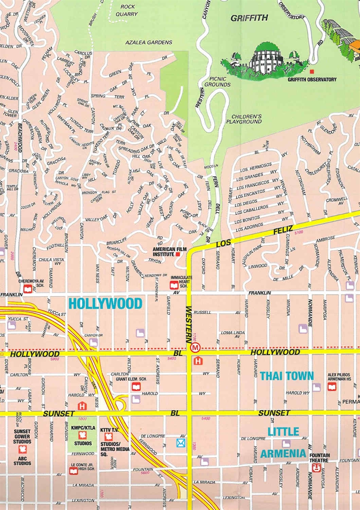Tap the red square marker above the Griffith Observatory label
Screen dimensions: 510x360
click(x=312, y=71)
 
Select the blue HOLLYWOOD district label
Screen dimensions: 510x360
click(x=105, y=304)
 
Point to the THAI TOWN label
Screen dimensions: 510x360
click(x=287, y=376)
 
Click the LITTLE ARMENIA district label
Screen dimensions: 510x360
click(x=283, y=442)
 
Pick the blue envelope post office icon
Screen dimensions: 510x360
click(x=181, y=443)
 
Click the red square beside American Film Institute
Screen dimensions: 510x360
click(x=178, y=254)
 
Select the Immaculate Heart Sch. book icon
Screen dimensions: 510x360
click(x=174, y=285)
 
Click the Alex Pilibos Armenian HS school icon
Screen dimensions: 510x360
click(x=332, y=386)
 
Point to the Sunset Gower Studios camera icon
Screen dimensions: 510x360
click(x=22, y=449)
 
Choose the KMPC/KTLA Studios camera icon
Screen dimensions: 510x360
click(x=83, y=435)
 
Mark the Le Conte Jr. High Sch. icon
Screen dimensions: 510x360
click(x=73, y=471)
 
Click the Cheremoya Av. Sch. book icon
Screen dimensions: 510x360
click(x=28, y=288)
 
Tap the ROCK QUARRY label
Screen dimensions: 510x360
click(x=129, y=10)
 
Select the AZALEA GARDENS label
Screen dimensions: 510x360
click(x=149, y=42)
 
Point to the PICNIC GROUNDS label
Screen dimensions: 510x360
click(x=215, y=82)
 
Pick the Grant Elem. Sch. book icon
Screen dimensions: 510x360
click(x=136, y=386)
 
